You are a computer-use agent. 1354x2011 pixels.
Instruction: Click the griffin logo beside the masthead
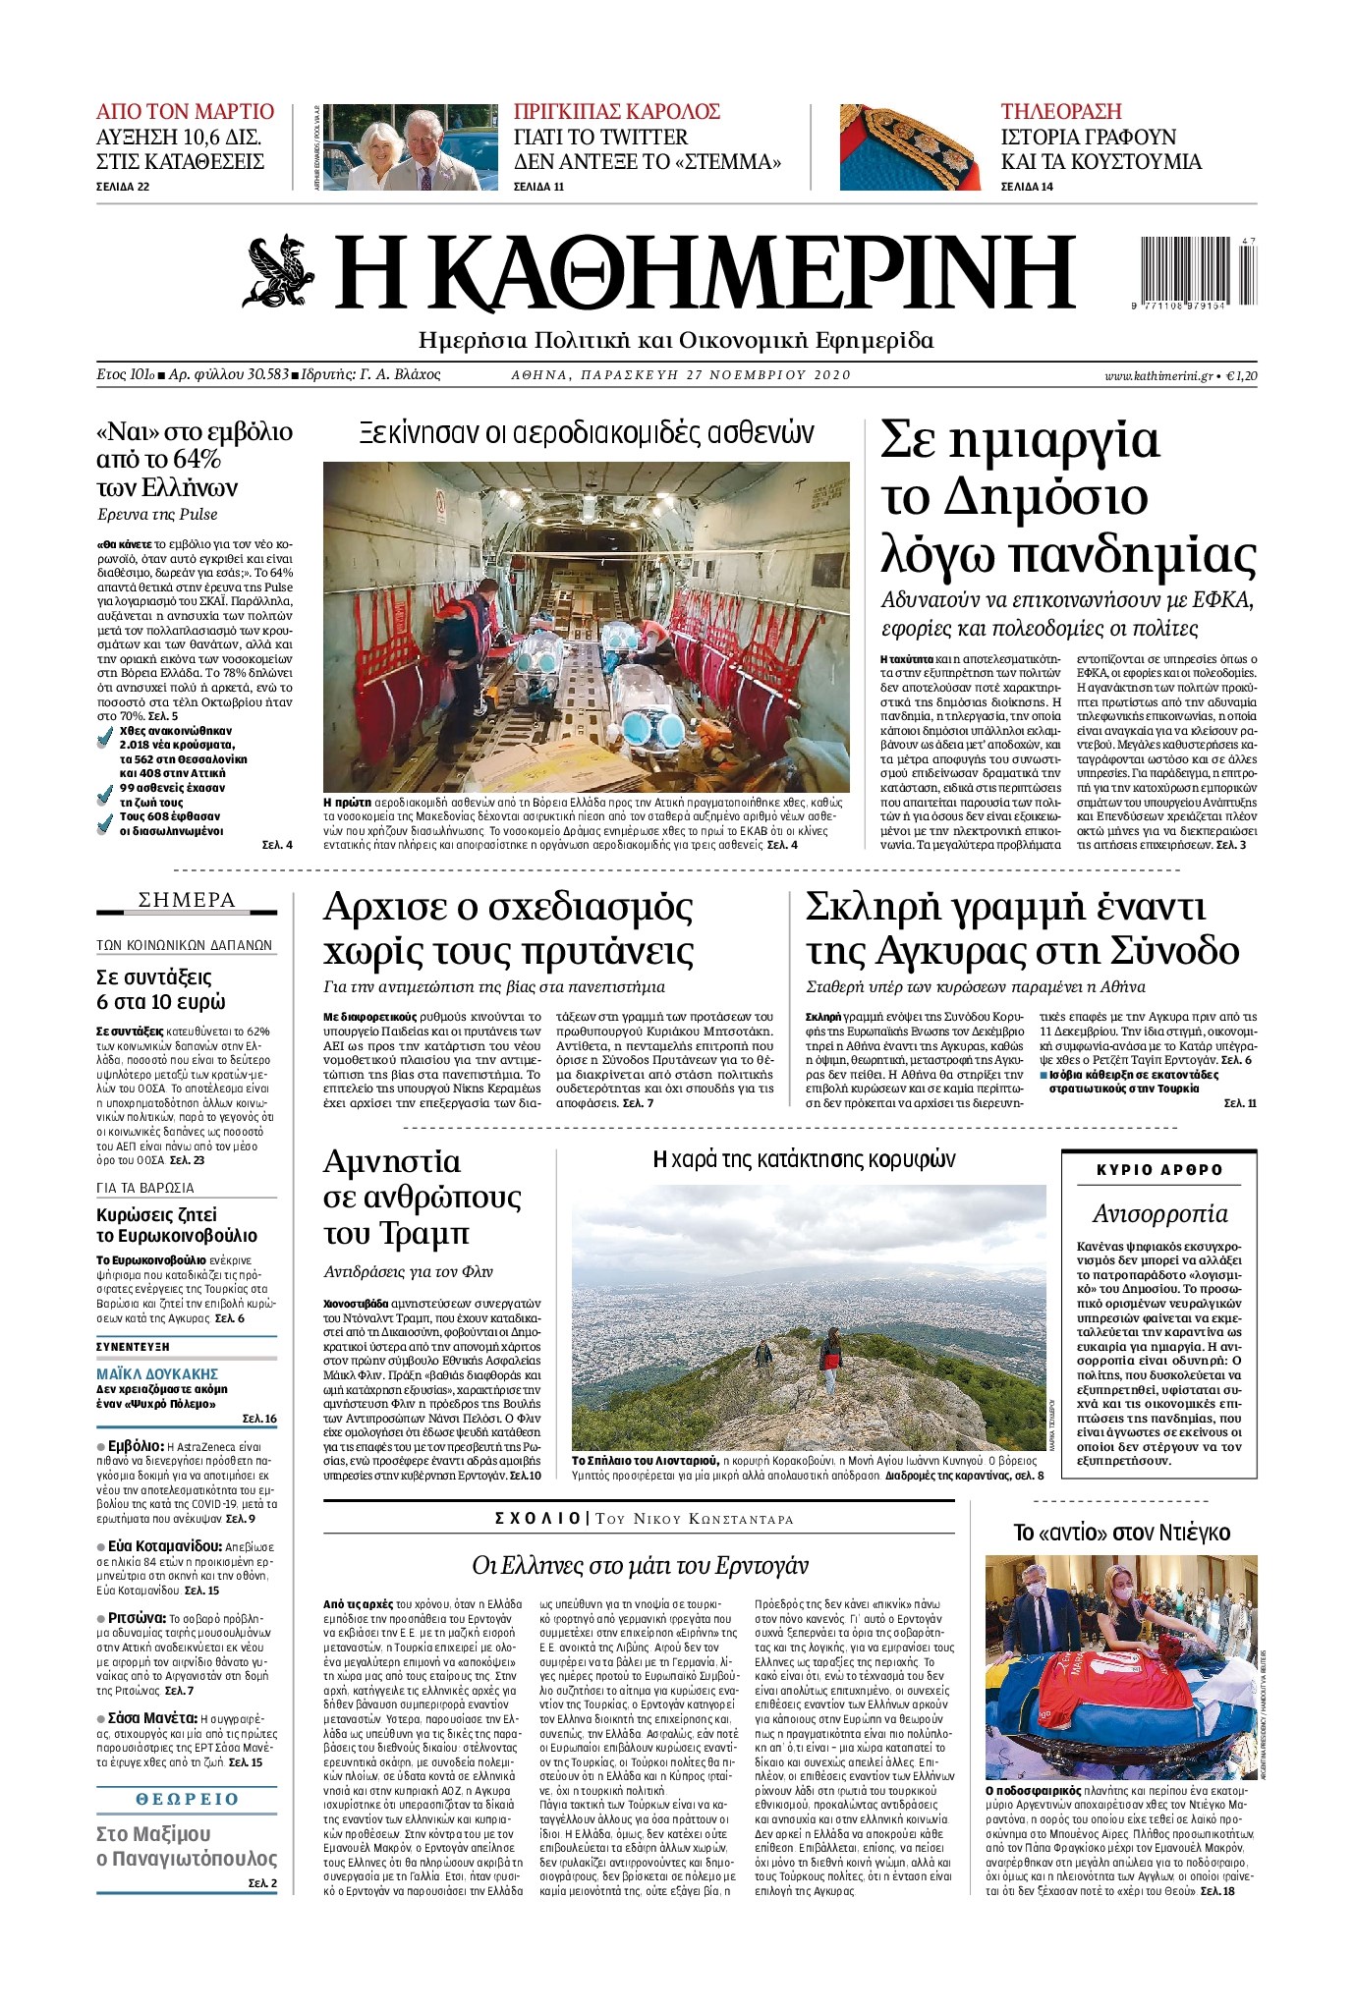(279, 271)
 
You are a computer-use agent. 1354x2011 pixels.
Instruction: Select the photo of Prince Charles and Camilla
(404, 147)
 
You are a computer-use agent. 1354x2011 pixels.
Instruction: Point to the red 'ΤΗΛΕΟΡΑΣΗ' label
(1060, 111)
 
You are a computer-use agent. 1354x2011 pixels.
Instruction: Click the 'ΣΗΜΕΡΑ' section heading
(187, 901)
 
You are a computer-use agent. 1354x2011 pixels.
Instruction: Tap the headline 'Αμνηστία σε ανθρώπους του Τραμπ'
(423, 1197)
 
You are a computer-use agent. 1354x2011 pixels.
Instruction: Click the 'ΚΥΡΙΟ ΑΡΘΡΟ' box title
(1158, 1170)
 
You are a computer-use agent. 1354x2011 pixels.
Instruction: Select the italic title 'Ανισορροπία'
(1159, 1213)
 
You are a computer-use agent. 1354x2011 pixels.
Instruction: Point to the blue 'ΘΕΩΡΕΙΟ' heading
(187, 1799)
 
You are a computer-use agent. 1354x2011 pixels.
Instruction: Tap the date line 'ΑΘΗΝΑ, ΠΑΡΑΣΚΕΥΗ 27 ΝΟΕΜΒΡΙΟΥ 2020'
(681, 375)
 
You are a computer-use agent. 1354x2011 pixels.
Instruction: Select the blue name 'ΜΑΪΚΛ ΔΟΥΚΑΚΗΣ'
(157, 1373)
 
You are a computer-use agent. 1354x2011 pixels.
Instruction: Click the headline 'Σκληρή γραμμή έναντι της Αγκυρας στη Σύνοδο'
(1022, 928)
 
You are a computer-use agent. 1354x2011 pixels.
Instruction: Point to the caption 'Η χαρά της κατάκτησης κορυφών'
(804, 1160)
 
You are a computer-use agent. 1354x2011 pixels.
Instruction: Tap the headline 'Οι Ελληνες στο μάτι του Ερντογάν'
(640, 1565)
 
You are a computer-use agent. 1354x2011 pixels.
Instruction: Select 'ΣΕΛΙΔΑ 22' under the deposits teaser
(123, 187)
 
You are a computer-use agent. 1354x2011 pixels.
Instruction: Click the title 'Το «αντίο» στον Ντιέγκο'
(1121, 1533)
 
